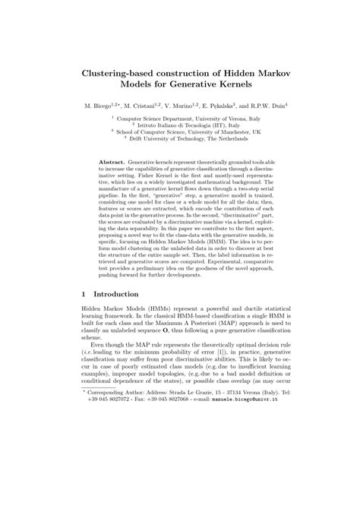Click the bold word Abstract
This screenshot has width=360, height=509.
coord(112,163)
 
